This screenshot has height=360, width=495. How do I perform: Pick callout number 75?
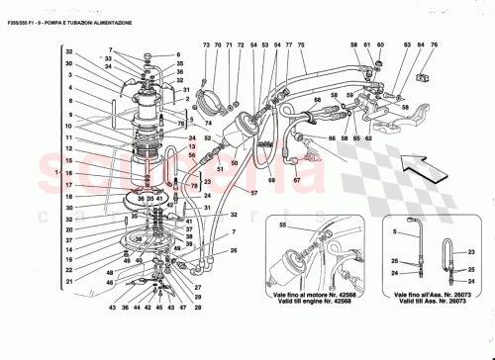(301, 46)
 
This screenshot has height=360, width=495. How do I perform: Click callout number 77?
(288, 46)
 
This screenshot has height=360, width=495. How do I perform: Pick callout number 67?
(296, 180)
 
